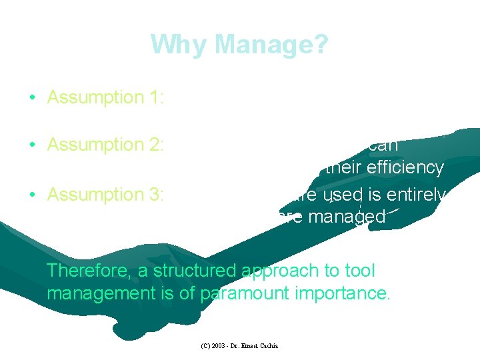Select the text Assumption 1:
coord(105,97)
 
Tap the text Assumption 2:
coord(105,145)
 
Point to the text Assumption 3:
coord(105,195)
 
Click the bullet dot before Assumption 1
coord(32,98)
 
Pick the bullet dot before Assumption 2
coord(32,145)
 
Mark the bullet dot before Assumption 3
coord(32,195)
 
